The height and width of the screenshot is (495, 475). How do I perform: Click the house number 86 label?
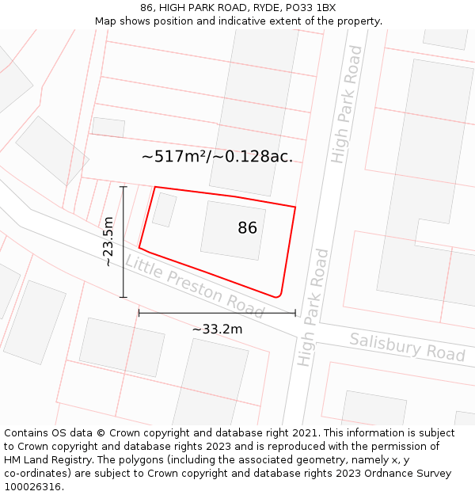click(x=247, y=228)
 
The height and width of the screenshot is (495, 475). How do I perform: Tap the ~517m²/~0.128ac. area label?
click(x=217, y=157)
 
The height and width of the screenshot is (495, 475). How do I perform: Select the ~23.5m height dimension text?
click(x=108, y=242)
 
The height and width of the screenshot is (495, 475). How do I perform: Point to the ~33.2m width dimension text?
click(x=217, y=329)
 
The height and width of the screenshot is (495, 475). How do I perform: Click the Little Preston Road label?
click(x=195, y=284)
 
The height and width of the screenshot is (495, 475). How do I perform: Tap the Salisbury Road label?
click(x=407, y=347)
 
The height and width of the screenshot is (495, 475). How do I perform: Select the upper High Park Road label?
click(x=348, y=105)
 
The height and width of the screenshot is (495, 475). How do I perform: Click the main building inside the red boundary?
click(x=233, y=230)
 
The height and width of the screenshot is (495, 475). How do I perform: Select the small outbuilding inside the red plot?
click(x=164, y=209)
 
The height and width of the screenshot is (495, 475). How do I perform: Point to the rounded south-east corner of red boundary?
click(x=278, y=295)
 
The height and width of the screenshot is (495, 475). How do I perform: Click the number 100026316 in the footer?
click(x=33, y=487)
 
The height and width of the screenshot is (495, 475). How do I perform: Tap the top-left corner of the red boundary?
click(x=155, y=188)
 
